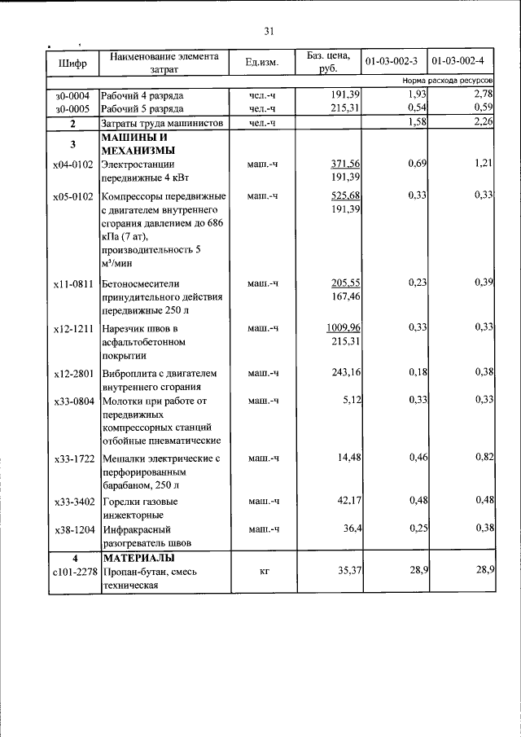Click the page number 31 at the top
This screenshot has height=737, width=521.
(x=269, y=32)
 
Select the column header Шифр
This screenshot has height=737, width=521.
(x=72, y=63)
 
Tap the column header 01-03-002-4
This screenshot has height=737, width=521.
(x=458, y=62)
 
